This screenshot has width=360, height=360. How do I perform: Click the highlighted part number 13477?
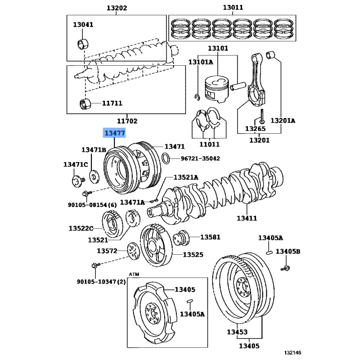(115, 133)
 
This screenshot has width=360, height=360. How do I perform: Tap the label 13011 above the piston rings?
(233, 8)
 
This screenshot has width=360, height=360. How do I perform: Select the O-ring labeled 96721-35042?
(166, 158)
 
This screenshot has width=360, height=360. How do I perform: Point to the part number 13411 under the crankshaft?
(247, 218)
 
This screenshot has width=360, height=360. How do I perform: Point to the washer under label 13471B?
(94, 175)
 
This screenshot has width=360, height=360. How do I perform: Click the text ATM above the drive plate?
(134, 274)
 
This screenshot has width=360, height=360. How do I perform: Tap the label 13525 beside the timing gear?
(193, 255)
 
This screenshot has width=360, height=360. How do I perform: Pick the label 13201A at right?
(283, 121)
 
